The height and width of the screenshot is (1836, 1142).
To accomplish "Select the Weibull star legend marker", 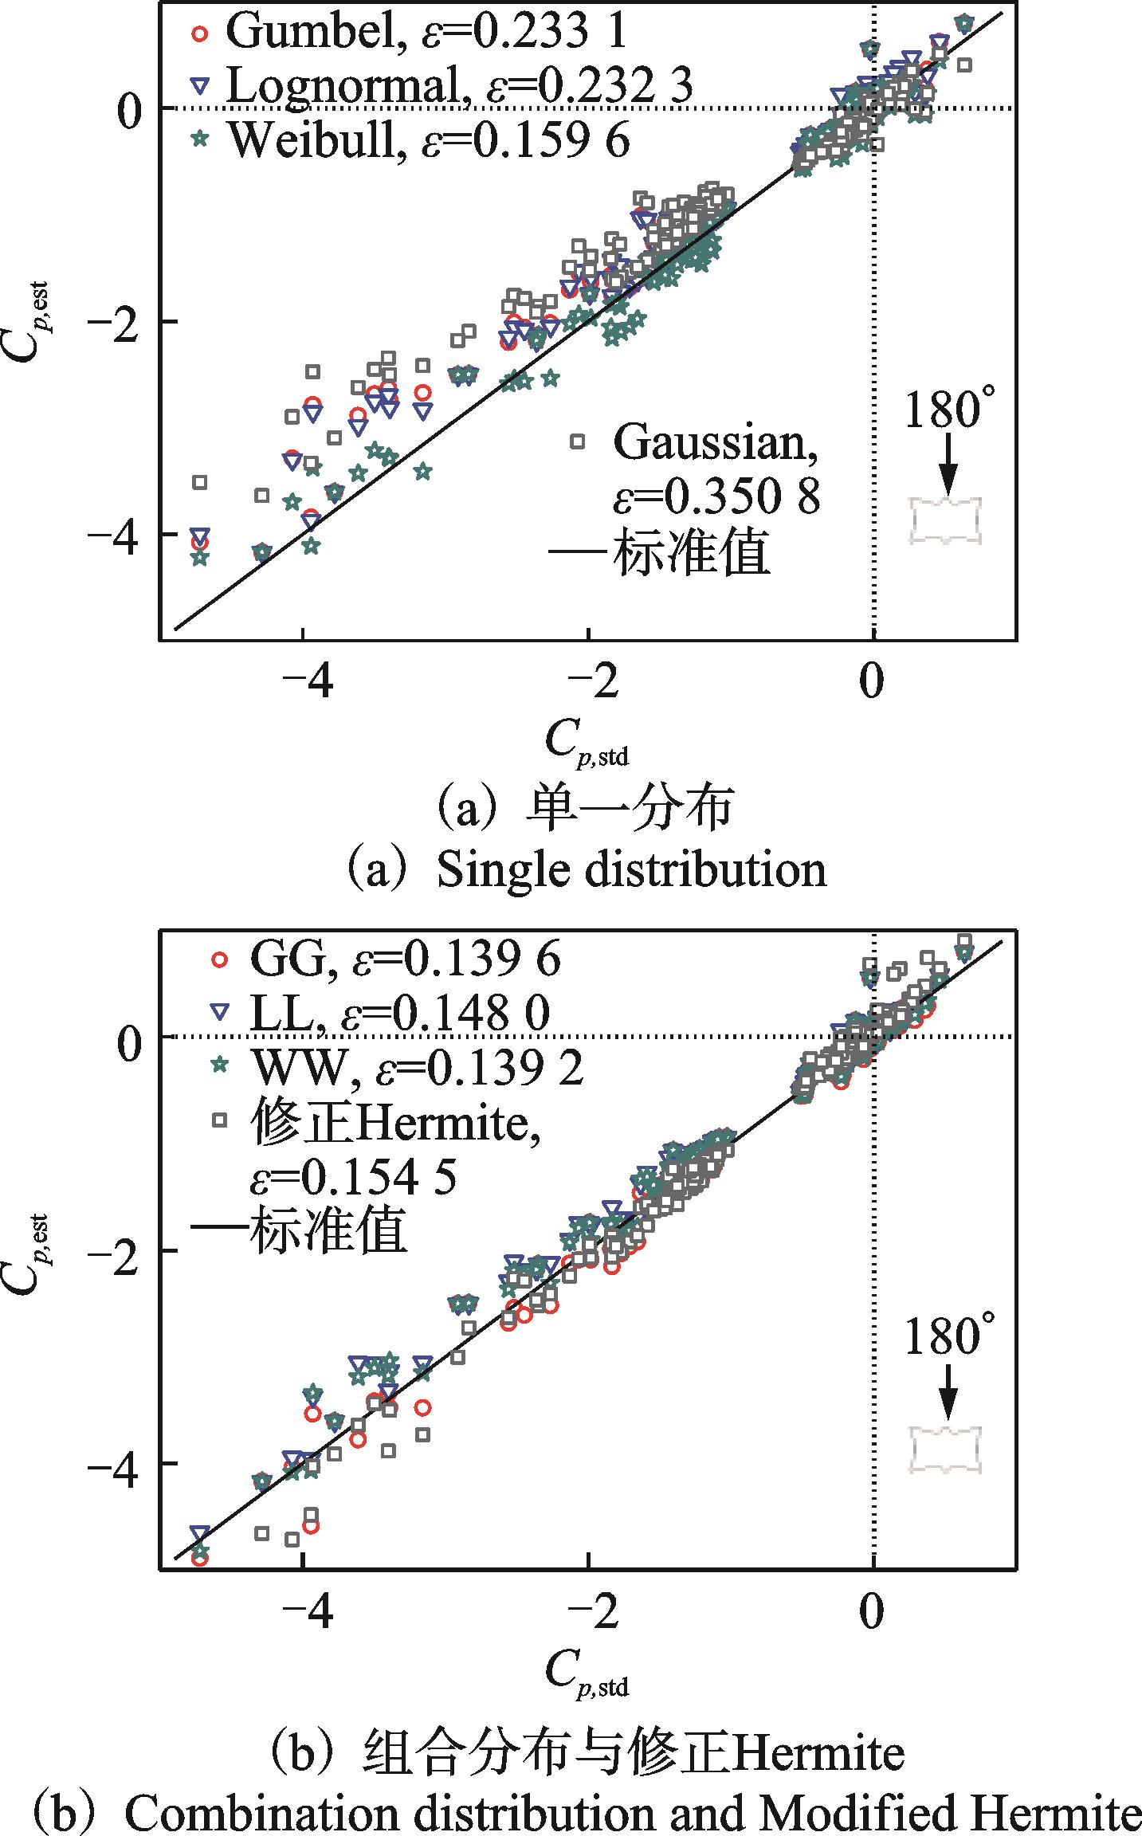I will pyautogui.click(x=201, y=139).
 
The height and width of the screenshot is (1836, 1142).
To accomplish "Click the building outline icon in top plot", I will pyautogui.click(x=947, y=521).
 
